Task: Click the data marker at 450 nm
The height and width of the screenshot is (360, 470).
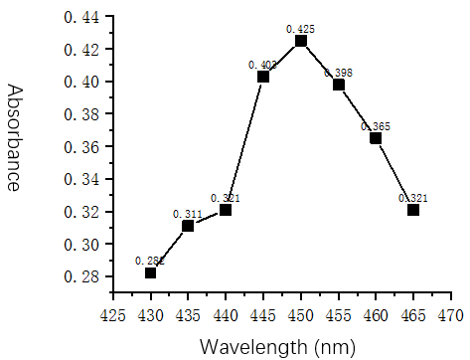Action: click(301, 41)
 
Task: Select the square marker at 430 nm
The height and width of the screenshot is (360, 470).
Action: click(151, 272)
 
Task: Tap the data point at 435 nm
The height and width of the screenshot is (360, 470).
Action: click(188, 226)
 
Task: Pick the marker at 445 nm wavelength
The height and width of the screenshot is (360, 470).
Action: click(263, 77)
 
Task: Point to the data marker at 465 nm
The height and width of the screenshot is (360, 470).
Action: click(413, 210)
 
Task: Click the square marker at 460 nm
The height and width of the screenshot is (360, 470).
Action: click(376, 138)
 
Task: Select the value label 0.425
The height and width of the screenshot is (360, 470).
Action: click(300, 29)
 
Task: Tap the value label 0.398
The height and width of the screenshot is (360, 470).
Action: click(338, 73)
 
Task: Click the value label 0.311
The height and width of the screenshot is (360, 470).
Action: click(188, 214)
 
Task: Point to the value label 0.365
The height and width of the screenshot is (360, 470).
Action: click(376, 126)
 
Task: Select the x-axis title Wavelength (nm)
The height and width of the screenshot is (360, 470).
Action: click(272, 346)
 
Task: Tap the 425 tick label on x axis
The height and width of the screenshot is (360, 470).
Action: click(113, 314)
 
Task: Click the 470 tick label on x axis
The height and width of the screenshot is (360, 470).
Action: click(450, 314)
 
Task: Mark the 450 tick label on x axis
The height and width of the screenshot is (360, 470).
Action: click(301, 314)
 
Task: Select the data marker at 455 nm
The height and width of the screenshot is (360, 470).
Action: click(339, 85)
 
